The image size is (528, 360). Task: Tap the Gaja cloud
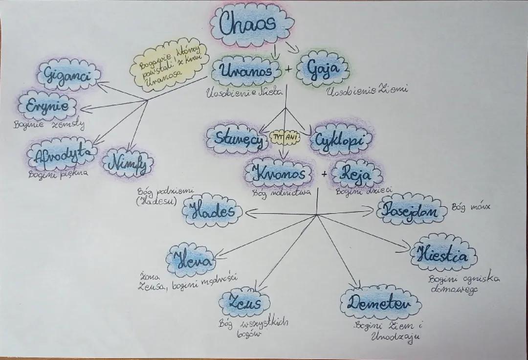pyautogui.click(x=323, y=69)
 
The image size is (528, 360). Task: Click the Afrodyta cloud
pyautogui.click(x=61, y=155)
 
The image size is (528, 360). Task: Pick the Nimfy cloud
pyautogui.click(x=128, y=162)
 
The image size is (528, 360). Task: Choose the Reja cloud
pyautogui.click(x=355, y=174)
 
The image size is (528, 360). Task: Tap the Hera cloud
pyautogui.click(x=191, y=259)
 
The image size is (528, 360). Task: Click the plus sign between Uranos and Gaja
pyautogui.click(x=288, y=70)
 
